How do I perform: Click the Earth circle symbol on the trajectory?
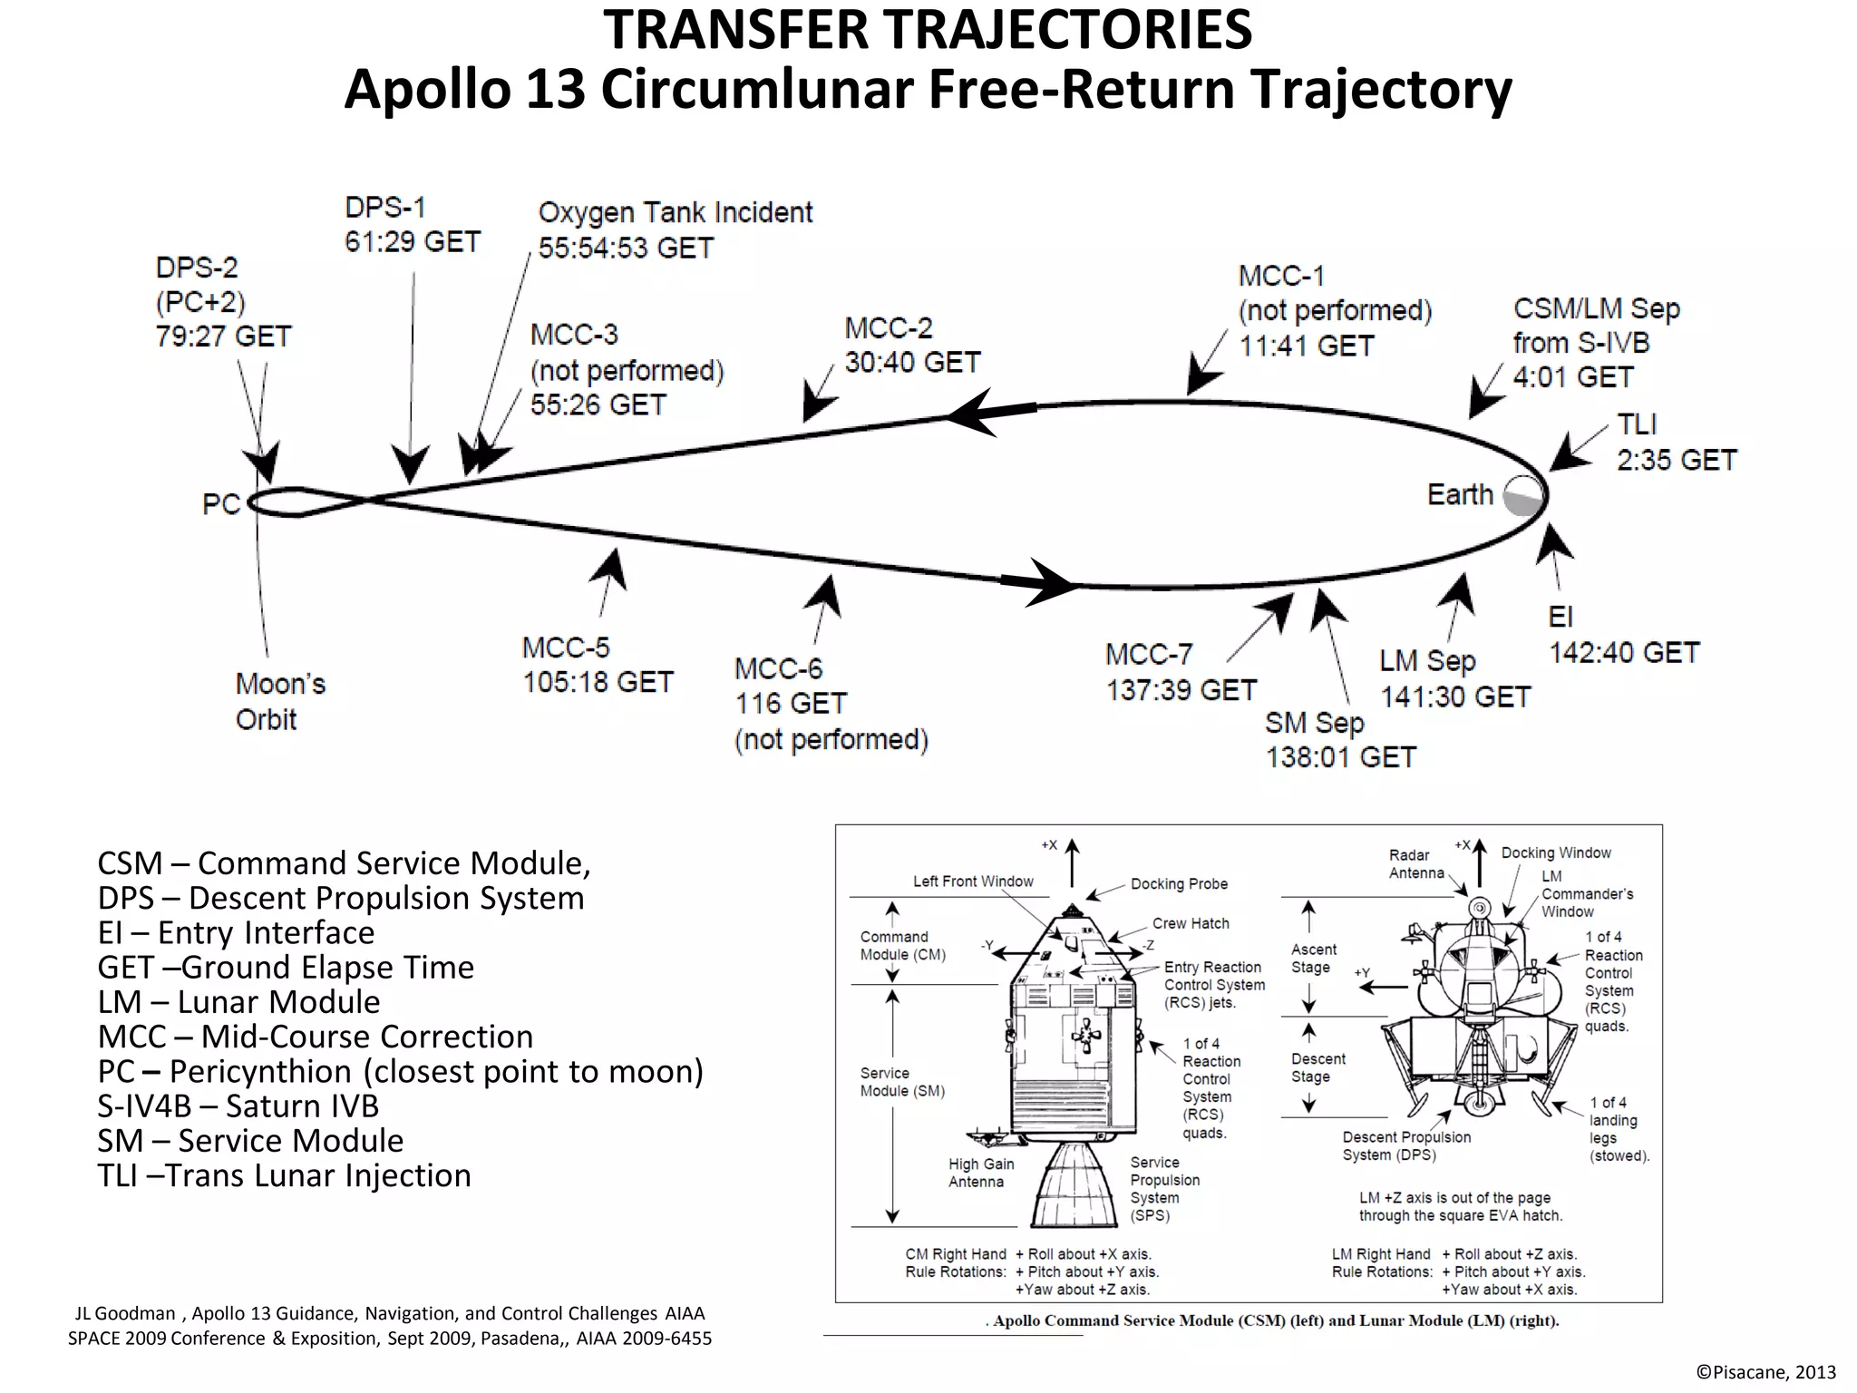(x=1523, y=496)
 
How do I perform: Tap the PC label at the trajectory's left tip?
(x=220, y=504)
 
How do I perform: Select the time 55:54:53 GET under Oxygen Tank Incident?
(x=626, y=248)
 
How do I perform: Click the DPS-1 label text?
(x=385, y=208)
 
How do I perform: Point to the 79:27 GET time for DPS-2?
(x=223, y=336)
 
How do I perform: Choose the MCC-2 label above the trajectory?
(x=888, y=327)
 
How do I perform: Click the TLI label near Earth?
(x=1637, y=424)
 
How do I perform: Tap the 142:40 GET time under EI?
(x=1623, y=652)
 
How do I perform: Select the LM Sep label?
(x=1427, y=661)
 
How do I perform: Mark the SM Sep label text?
(x=1314, y=723)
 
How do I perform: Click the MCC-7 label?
(x=1148, y=654)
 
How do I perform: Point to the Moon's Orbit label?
(x=279, y=701)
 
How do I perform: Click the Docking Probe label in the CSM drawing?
(x=1178, y=883)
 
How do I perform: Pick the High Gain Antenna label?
(x=980, y=1173)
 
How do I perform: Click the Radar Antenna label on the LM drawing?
(x=1415, y=863)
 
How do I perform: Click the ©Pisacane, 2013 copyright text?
(x=1765, y=1372)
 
